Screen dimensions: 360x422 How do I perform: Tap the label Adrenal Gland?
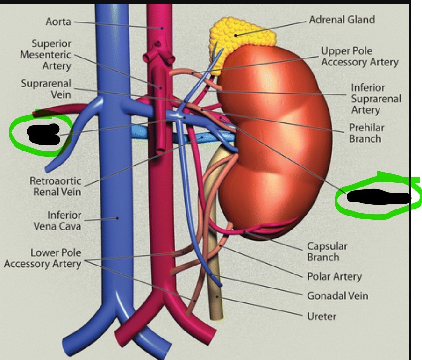[342, 20]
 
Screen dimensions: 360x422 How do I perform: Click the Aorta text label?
[58, 22]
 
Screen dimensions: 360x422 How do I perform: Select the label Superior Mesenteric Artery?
[45, 55]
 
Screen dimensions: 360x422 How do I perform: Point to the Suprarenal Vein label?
[46, 89]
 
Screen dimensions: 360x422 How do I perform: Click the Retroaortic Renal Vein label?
[55, 186]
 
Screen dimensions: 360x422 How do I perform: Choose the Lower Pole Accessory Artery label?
[43, 259]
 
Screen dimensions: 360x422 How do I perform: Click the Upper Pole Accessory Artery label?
[359, 56]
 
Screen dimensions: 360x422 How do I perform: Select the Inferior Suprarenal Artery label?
[376, 99]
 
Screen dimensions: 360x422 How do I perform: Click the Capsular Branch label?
[327, 252]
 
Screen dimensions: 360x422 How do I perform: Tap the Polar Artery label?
[334, 276]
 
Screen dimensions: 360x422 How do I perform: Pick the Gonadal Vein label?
[337, 296]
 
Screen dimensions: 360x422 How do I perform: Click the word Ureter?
[322, 317]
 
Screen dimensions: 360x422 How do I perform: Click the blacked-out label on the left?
[43, 134]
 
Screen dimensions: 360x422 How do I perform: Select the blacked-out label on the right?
[379, 198]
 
